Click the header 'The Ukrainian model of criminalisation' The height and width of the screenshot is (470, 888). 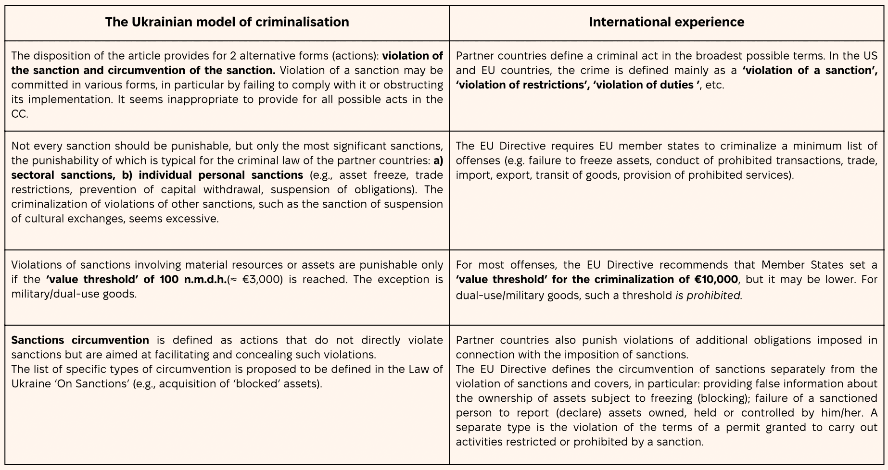227,22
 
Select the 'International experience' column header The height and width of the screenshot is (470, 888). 666,22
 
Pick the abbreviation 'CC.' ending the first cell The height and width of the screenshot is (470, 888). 20,114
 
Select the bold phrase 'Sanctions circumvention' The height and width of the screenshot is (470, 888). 80,340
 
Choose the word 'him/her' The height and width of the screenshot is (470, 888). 837,413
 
